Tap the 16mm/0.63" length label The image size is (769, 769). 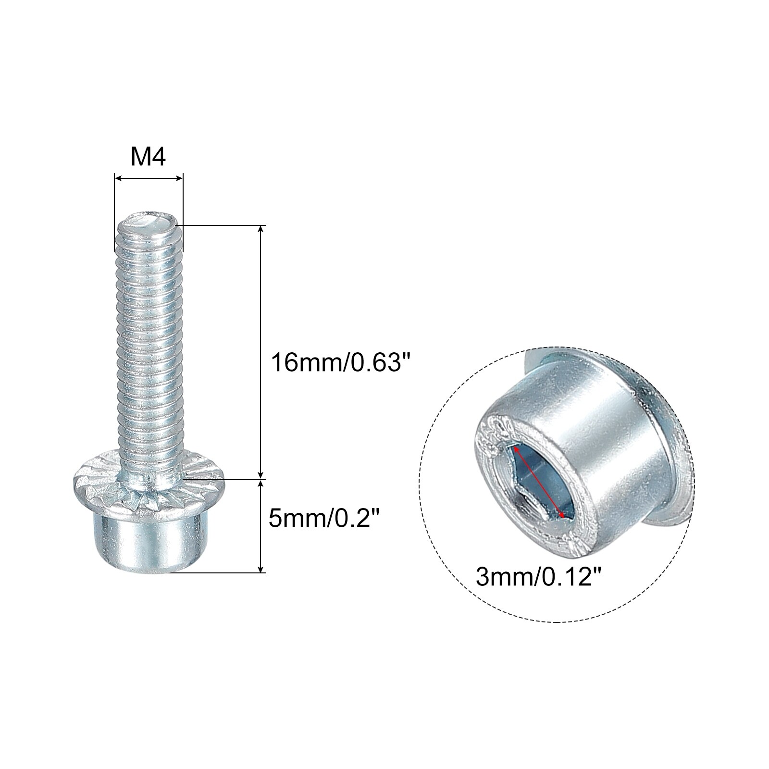(335, 361)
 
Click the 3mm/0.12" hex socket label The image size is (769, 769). (539, 577)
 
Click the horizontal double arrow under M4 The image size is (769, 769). (149, 178)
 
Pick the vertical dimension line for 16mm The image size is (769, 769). (261, 351)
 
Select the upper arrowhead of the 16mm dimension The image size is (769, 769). (261, 229)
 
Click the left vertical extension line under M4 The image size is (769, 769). (114, 216)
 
